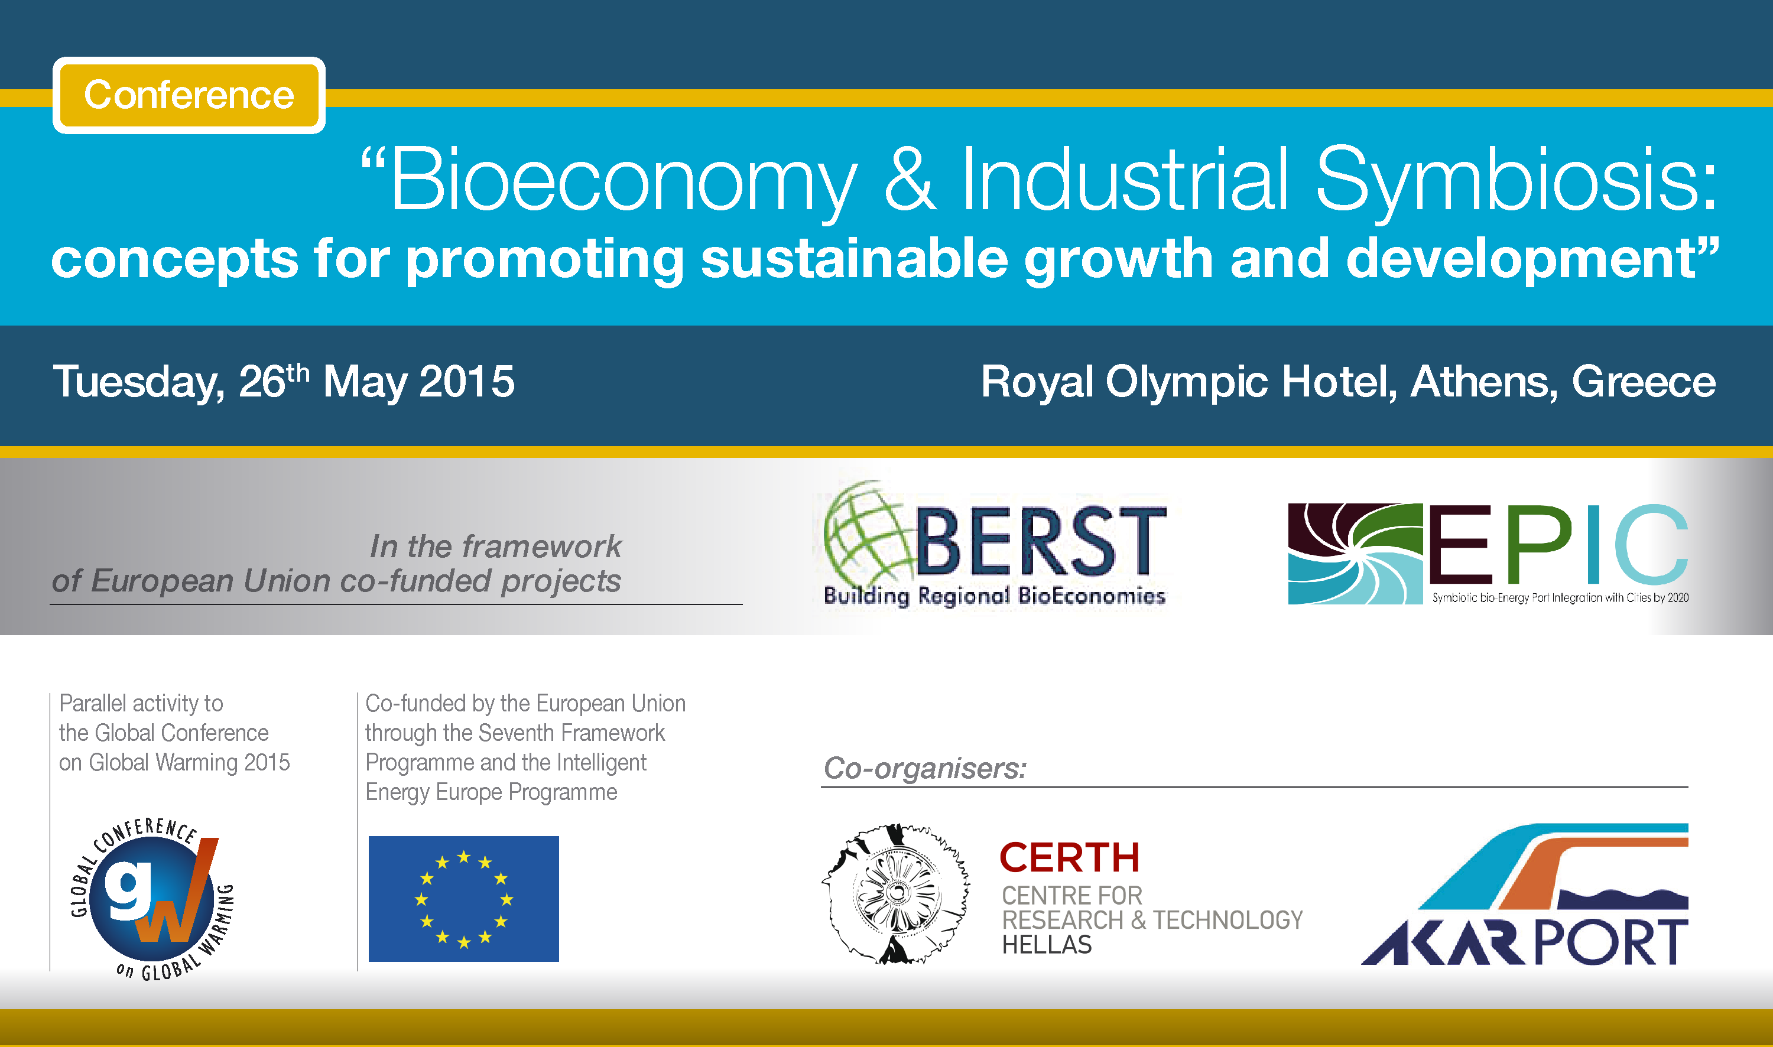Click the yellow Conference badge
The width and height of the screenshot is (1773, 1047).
tap(189, 95)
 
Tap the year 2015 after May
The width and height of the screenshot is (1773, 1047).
tap(467, 382)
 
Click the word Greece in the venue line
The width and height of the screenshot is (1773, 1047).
tap(1644, 382)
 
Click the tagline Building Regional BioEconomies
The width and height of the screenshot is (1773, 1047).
tap(995, 596)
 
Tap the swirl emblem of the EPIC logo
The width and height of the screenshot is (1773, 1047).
tap(1355, 554)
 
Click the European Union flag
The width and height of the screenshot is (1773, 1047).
tap(463, 899)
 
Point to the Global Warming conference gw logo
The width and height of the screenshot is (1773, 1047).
tap(152, 899)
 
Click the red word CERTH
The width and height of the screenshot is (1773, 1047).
tap(1070, 857)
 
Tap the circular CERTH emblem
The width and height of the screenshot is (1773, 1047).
tap(896, 893)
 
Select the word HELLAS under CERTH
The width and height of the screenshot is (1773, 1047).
tap(1047, 945)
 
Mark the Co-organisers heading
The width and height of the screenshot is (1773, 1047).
tap(925, 768)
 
